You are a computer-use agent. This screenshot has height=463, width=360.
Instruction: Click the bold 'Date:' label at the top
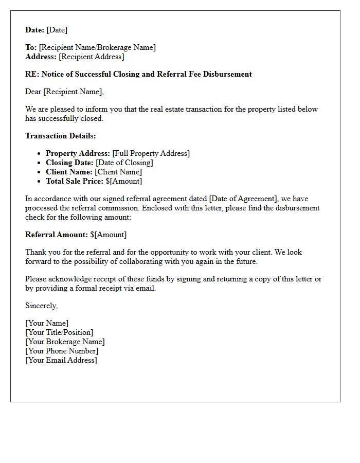tap(35, 30)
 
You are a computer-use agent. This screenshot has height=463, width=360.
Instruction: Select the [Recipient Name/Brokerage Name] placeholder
tap(97, 47)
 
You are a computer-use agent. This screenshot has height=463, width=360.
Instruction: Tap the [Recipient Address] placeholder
tap(91, 57)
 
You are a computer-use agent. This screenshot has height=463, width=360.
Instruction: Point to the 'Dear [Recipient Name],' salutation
tap(64, 92)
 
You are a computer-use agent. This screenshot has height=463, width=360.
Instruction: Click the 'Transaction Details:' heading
tap(61, 136)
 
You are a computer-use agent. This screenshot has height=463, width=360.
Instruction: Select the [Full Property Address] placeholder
tap(151, 153)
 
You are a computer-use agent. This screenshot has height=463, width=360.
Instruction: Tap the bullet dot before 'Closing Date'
tap(39, 163)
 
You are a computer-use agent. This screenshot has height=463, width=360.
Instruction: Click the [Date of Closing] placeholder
tap(124, 163)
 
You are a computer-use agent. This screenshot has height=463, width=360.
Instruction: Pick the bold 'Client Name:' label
tap(69, 172)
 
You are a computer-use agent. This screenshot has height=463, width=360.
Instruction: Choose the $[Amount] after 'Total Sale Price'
tap(123, 181)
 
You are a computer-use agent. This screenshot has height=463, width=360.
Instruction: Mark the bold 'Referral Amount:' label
tap(57, 235)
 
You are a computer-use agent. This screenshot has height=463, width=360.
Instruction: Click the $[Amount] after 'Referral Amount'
tap(108, 235)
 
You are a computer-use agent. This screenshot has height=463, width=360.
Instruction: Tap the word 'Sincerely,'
tap(42, 306)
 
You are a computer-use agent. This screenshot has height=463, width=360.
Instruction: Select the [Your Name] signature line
tap(47, 323)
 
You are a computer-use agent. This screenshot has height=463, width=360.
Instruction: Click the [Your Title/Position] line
tap(59, 332)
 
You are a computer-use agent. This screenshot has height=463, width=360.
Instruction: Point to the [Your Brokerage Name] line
tap(65, 342)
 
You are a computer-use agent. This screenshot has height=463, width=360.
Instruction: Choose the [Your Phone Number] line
tap(62, 351)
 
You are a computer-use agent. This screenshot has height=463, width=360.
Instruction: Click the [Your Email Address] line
tap(61, 360)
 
